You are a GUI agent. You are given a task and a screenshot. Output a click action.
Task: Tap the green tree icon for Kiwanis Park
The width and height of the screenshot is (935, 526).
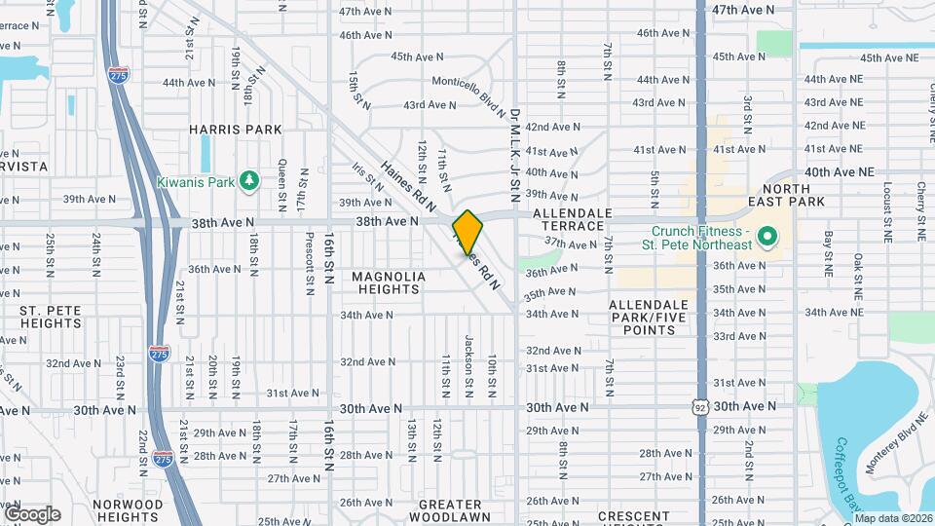(x=250, y=180)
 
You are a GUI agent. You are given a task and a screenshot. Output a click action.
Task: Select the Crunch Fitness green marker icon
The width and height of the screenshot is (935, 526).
(x=767, y=237)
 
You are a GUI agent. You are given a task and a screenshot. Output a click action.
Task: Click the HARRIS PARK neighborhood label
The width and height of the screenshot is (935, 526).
(x=235, y=130)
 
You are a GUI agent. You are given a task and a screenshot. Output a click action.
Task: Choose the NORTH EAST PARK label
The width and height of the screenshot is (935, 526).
(x=793, y=195)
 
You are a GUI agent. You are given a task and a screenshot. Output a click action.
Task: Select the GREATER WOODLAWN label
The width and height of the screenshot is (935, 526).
(x=449, y=510)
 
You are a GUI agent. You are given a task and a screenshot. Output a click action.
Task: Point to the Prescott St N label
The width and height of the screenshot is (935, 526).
(x=309, y=273)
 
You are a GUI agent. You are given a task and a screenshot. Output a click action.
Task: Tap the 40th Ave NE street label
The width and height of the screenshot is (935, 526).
(x=840, y=171)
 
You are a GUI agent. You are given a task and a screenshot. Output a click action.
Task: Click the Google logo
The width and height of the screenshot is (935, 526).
(x=31, y=514)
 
